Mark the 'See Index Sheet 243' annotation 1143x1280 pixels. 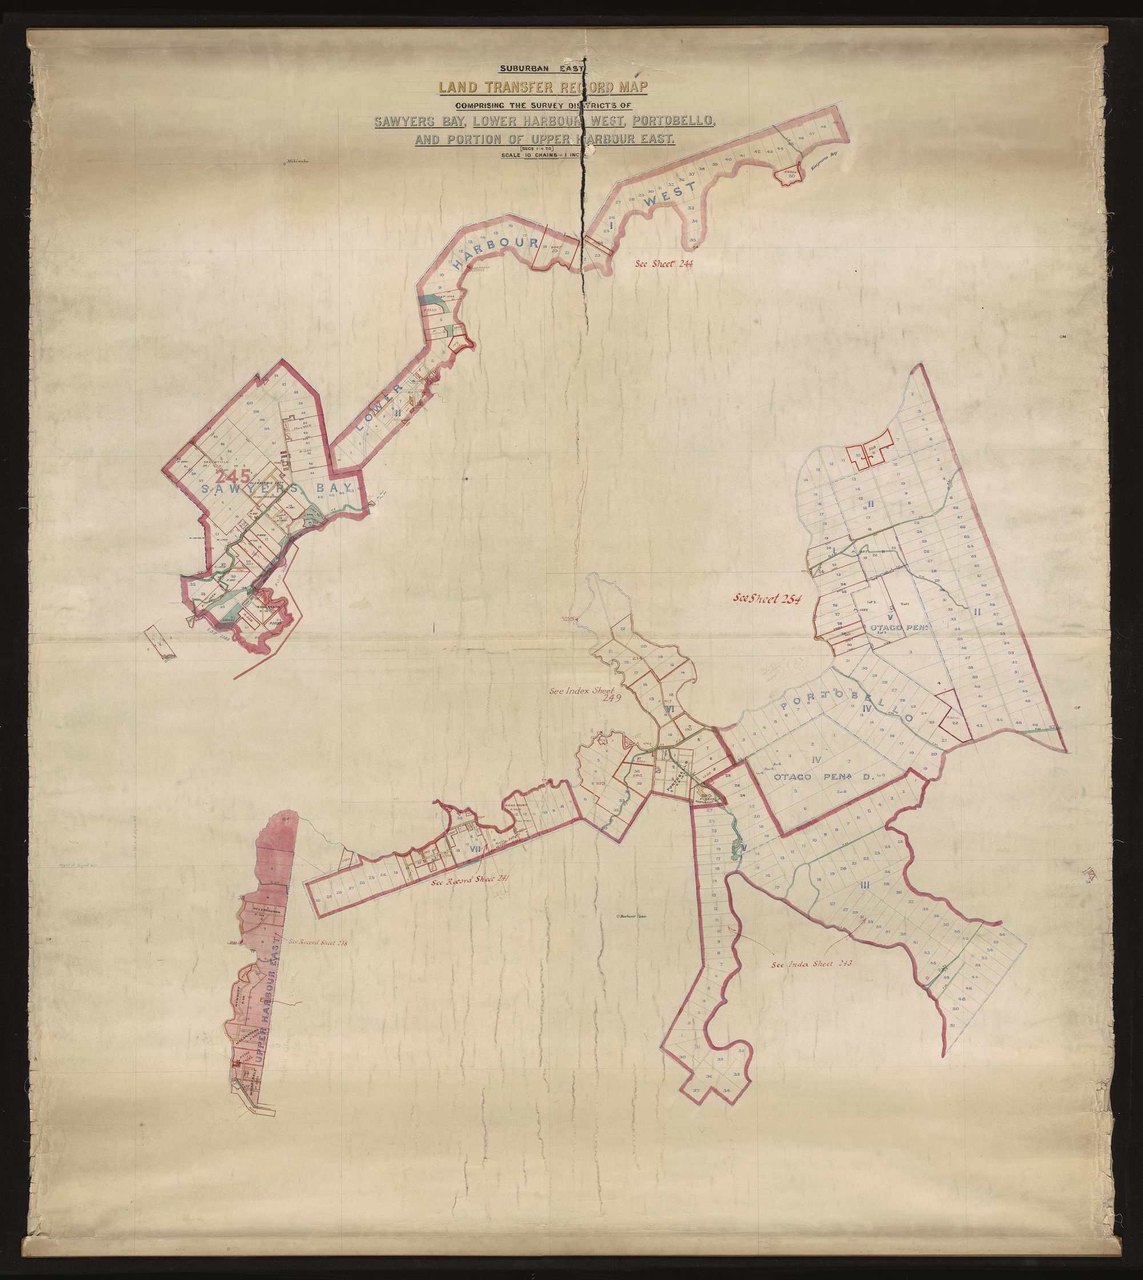pyautogui.click(x=811, y=981)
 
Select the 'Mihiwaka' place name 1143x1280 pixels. pyautogui.click(x=299, y=162)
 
